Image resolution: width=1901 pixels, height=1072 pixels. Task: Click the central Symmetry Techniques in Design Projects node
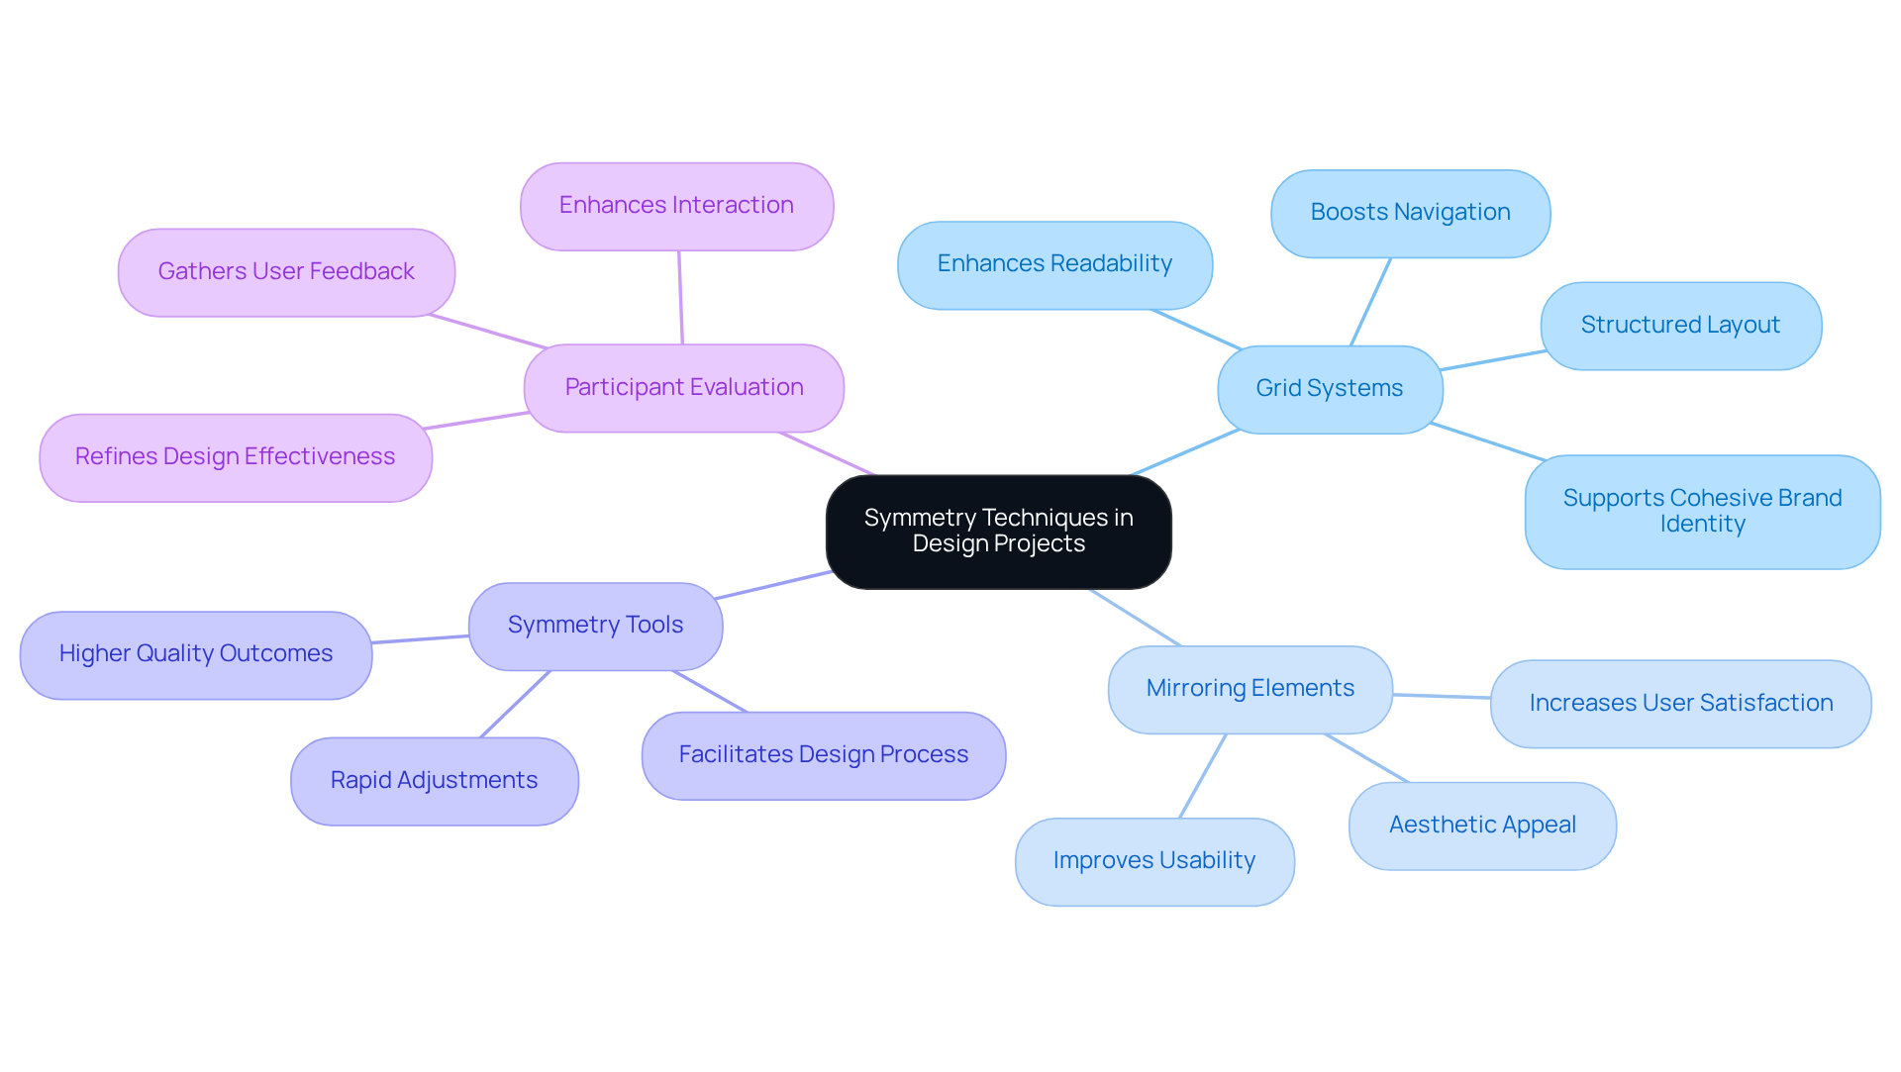pyautogui.click(x=998, y=532)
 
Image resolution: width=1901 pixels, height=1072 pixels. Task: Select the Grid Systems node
pyautogui.click(x=1329, y=389)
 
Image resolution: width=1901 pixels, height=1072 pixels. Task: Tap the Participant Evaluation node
pyautogui.click(x=683, y=388)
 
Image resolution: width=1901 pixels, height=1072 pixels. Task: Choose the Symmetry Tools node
pyautogui.click(x=595, y=626)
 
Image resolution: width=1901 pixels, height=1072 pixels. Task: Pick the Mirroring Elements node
pyautogui.click(x=1250, y=689)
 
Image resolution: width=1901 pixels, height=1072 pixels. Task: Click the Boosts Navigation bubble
pyautogui.click(x=1410, y=213)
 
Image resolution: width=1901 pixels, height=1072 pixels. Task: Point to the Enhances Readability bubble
pyautogui.click(x=1054, y=264)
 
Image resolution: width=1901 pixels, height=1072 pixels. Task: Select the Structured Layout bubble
pyautogui.click(x=1680, y=326)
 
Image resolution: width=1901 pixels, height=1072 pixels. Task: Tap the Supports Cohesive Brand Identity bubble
pyautogui.click(x=1702, y=512)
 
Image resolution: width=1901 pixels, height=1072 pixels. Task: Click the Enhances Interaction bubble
pyautogui.click(x=676, y=206)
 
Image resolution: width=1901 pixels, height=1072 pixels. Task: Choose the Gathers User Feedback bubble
pyautogui.click(x=286, y=272)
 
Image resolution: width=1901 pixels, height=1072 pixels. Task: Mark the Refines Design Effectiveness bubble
pyautogui.click(x=235, y=457)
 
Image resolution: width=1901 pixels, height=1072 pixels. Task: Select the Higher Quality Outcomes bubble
pyautogui.click(x=195, y=654)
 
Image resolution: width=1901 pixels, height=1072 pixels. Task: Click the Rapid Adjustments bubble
pyautogui.click(x=434, y=781)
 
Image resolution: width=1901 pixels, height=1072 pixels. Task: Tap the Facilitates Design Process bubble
pyautogui.click(x=823, y=755)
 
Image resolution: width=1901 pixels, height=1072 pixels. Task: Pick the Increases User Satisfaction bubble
pyautogui.click(x=1680, y=704)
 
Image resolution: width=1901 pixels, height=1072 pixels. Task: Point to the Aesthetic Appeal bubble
pyautogui.click(x=1482, y=826)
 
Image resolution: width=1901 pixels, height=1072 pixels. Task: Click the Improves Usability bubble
pyautogui.click(x=1153, y=861)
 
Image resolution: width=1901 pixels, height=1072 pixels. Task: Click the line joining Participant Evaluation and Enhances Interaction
pyautogui.click(x=680, y=297)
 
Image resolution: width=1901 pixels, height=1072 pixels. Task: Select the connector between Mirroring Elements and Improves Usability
pyautogui.click(x=1203, y=776)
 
